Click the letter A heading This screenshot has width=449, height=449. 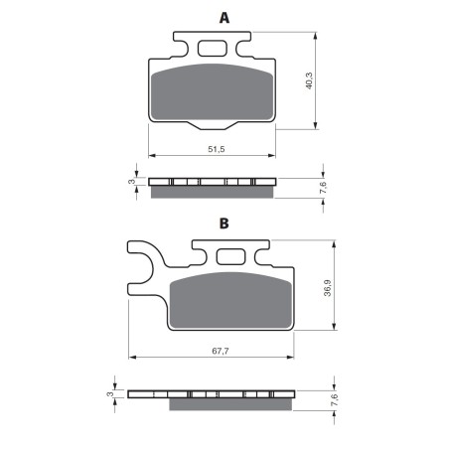coord(224,18)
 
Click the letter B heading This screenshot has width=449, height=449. coord(224,224)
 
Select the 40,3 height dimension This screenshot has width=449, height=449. coord(309,80)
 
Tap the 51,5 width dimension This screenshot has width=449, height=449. coord(217,149)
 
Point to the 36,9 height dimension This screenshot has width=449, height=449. coord(327,288)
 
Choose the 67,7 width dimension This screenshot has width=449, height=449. coord(221,351)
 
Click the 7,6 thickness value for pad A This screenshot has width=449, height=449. coord(323,188)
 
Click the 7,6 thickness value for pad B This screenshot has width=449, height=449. coord(335,400)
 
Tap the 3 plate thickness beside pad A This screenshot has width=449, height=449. coord(132,182)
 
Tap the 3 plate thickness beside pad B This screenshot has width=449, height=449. coord(109,394)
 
